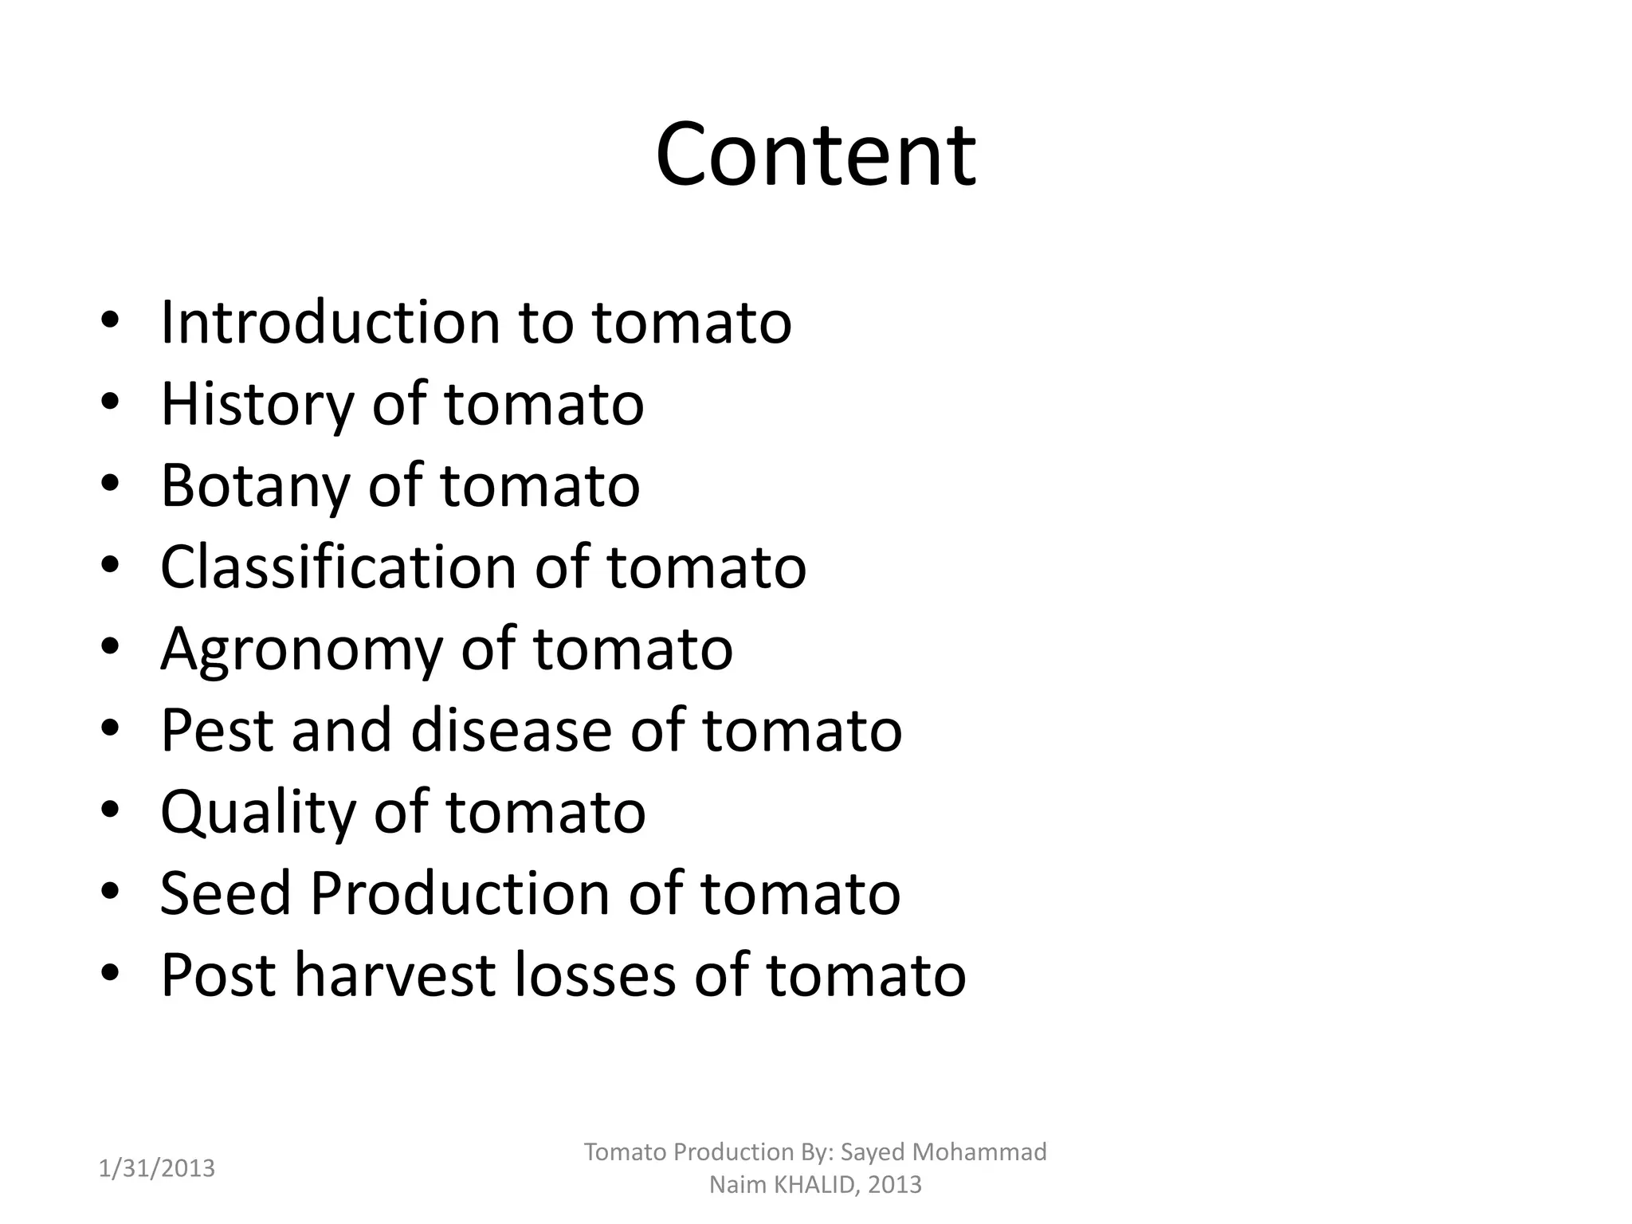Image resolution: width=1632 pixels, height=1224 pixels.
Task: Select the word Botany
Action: pos(254,486)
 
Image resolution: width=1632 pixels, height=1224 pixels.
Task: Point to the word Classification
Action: pos(338,567)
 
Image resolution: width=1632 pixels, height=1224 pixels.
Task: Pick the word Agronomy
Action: pos(300,650)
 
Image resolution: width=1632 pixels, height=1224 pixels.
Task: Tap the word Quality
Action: pos(257,813)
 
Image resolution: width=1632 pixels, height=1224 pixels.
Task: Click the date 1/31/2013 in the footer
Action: pos(157,1168)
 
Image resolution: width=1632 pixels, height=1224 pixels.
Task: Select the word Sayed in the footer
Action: pos(873,1151)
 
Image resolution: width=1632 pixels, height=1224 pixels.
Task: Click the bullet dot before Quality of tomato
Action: pos(111,810)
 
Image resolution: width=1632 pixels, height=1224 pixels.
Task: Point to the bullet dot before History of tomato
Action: pos(111,402)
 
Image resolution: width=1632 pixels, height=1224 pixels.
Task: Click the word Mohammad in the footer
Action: pos(979,1151)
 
